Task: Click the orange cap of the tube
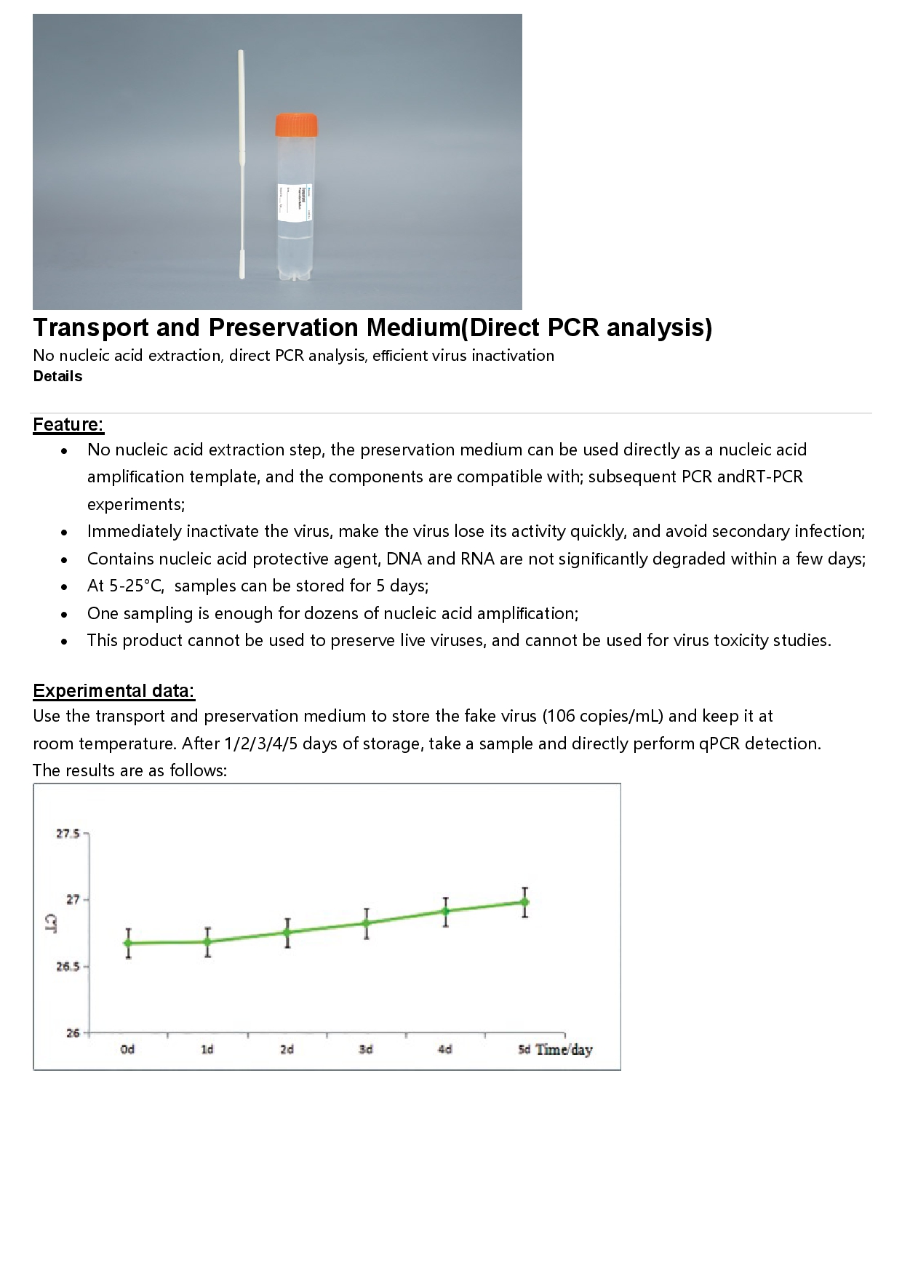pyautogui.click(x=297, y=124)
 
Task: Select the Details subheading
pyautogui.click(x=57, y=376)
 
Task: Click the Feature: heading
pyautogui.click(x=68, y=424)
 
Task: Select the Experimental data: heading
pyautogui.click(x=113, y=690)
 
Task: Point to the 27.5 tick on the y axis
pyautogui.click(x=68, y=834)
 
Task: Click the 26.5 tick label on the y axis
pyautogui.click(x=68, y=967)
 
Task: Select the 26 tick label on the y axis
pyautogui.click(x=73, y=1033)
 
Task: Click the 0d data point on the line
pyautogui.click(x=128, y=944)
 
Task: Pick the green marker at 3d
pyautogui.click(x=367, y=923)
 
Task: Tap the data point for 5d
pyautogui.click(x=524, y=902)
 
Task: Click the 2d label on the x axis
pyautogui.click(x=287, y=1049)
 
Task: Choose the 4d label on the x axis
pyautogui.click(x=445, y=1049)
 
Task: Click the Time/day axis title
pyautogui.click(x=564, y=1050)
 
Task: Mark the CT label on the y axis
pyautogui.click(x=51, y=925)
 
